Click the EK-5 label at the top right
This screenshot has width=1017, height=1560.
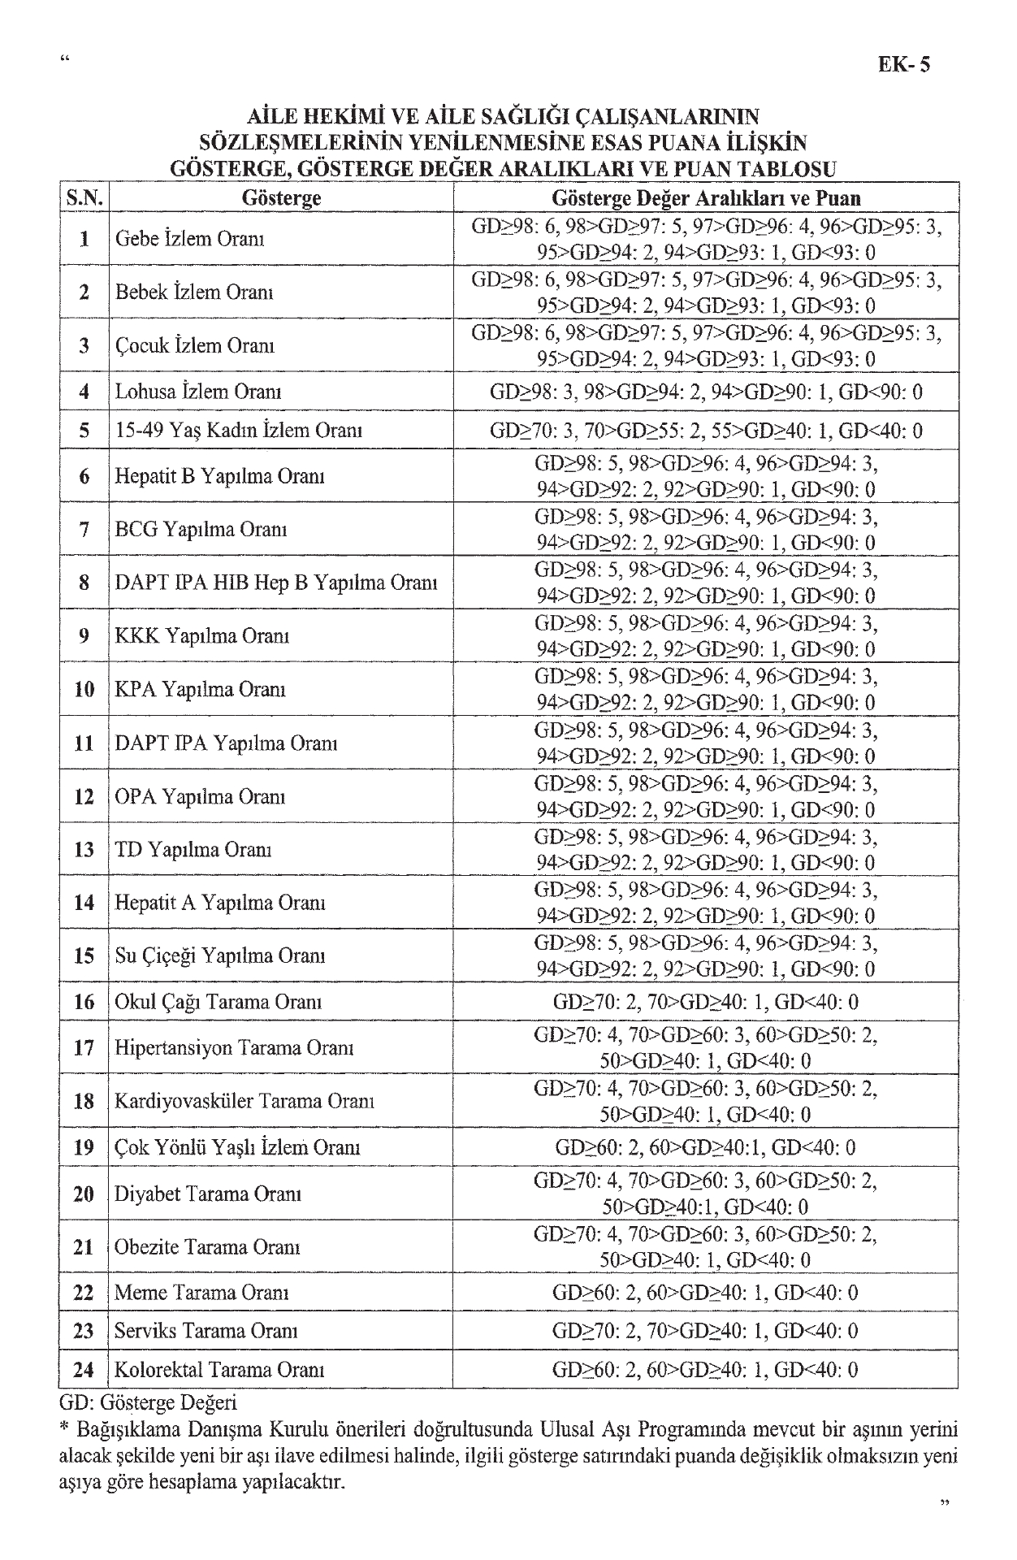point(903,65)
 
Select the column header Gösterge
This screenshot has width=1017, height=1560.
point(281,197)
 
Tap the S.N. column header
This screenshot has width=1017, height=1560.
point(84,197)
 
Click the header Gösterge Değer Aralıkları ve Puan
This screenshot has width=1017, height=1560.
point(705,197)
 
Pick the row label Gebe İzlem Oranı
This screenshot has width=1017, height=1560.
point(189,239)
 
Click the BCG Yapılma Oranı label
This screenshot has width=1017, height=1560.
point(201,530)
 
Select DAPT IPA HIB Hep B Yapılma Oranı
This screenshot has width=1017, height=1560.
point(276,583)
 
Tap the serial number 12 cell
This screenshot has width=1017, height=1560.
point(84,796)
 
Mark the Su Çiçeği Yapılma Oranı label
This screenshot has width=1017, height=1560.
point(220,955)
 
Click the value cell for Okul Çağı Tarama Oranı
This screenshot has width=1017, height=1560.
point(705,1002)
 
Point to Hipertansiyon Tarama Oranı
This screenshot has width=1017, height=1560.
point(234,1048)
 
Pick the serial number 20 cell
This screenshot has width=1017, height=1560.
point(84,1194)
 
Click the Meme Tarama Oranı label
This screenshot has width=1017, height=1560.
point(201,1293)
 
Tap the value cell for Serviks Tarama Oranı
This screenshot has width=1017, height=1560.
point(705,1331)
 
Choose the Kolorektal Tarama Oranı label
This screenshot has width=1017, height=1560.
point(219,1370)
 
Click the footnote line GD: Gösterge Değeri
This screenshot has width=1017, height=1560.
point(149,1402)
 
